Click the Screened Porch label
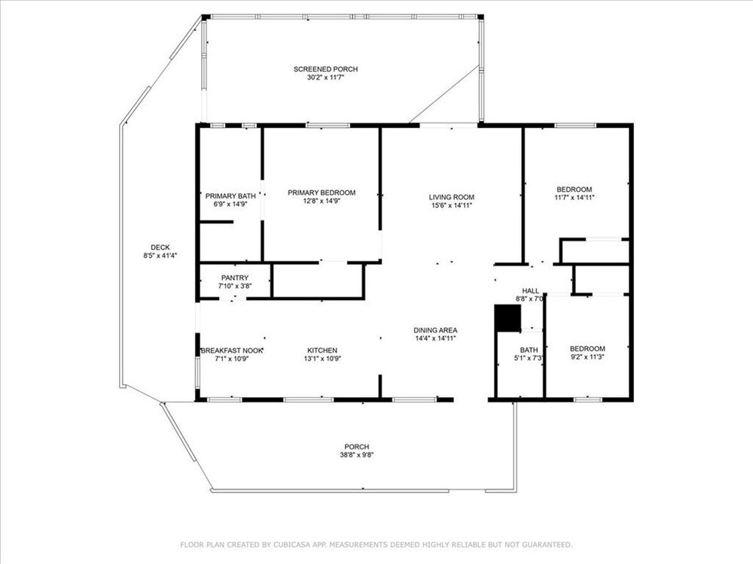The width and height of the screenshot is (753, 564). (325, 69)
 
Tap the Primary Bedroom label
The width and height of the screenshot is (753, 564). (322, 193)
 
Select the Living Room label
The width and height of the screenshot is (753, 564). (451, 197)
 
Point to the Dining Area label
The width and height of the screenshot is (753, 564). (435, 330)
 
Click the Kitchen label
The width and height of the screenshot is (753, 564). (322, 350)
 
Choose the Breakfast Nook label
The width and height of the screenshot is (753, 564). (232, 350)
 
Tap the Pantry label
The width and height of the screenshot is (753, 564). (235, 277)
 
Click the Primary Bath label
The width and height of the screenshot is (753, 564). (230, 196)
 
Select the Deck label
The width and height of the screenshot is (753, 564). (160, 247)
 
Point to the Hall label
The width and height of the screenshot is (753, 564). (530, 290)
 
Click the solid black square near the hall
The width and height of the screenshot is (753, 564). (508, 318)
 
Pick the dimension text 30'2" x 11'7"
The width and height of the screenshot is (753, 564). (325, 77)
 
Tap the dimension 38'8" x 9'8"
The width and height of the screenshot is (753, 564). (356, 455)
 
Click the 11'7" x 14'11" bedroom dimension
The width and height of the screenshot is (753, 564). (575, 197)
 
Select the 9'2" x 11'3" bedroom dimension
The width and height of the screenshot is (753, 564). (587, 356)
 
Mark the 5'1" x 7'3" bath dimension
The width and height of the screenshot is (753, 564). (529, 358)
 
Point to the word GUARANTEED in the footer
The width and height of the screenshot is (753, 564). (547, 544)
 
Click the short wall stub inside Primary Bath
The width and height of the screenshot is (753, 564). (216, 222)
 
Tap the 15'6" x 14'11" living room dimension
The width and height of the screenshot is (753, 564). (451, 205)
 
